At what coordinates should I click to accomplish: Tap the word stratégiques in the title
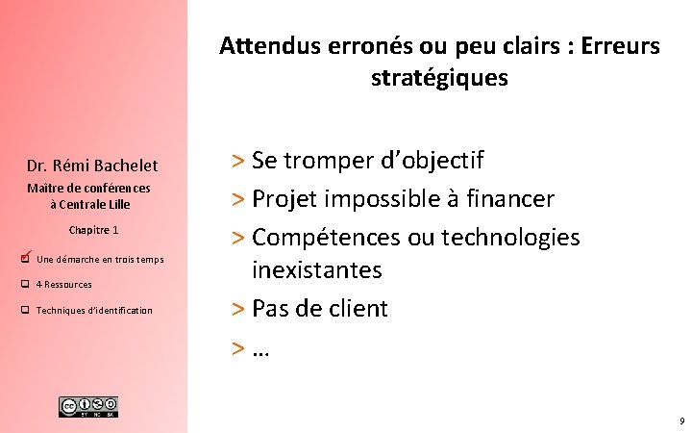coord(439,79)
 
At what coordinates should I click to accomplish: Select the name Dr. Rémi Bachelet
coord(92,166)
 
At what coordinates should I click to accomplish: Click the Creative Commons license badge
coord(88,406)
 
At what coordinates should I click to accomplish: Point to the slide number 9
coord(680,421)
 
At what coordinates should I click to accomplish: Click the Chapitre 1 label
coord(93,230)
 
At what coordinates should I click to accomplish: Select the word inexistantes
coord(316,270)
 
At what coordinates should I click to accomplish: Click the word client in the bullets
coord(357,309)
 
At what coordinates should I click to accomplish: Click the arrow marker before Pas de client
coord(238,309)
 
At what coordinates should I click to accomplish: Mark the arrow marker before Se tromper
coord(238,161)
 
